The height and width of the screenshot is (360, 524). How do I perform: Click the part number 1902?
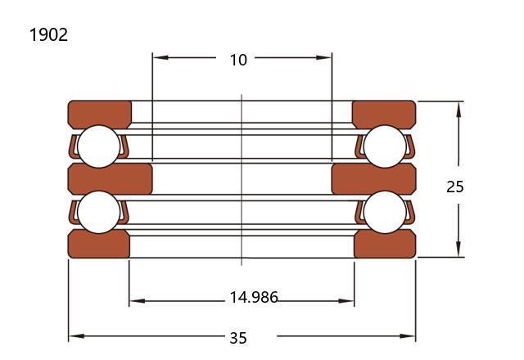click(x=49, y=34)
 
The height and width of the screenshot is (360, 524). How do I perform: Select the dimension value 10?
click(x=238, y=60)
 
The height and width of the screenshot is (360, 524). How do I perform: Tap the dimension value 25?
click(x=455, y=187)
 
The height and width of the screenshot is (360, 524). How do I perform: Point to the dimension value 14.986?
click(x=254, y=297)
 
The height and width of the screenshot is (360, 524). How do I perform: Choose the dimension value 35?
click(x=238, y=338)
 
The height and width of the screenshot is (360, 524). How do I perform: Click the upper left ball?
click(x=98, y=146)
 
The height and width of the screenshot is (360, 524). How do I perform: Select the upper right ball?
click(x=385, y=146)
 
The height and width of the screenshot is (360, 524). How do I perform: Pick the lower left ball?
click(x=98, y=212)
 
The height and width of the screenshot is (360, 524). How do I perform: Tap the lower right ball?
click(x=385, y=212)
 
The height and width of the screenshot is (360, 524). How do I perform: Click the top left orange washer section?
click(x=100, y=114)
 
